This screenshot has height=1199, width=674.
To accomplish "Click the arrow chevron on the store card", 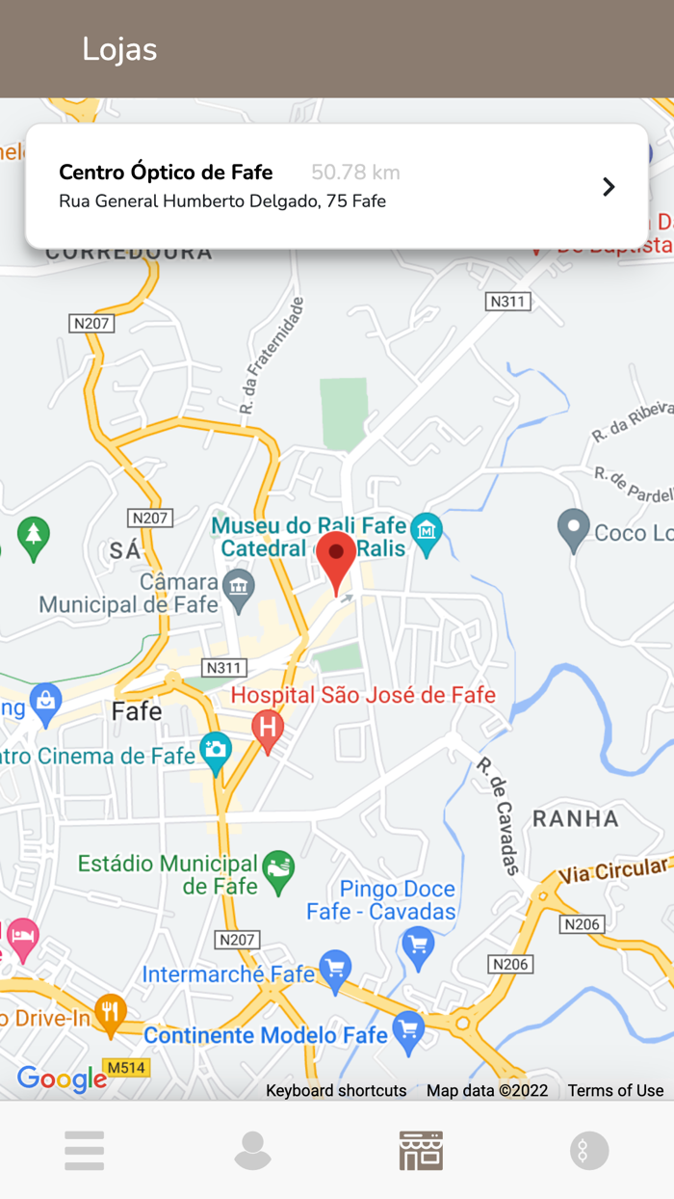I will (x=609, y=186).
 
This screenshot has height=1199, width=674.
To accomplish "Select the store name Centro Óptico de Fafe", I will (x=166, y=173).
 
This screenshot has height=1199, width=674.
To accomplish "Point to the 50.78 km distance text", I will (x=355, y=173).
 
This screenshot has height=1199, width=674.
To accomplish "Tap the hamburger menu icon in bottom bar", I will (x=85, y=1150).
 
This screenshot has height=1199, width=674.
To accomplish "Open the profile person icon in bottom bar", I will (x=252, y=1150).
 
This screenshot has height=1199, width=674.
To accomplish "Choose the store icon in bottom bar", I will (x=421, y=1150).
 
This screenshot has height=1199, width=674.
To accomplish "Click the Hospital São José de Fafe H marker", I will (x=268, y=730).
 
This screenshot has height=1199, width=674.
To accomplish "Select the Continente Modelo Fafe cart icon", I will (x=409, y=1031).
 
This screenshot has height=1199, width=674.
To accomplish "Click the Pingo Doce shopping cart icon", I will (x=418, y=947).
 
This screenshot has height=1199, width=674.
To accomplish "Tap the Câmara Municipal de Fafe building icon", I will (x=238, y=584).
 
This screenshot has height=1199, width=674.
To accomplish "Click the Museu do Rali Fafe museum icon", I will (x=426, y=530).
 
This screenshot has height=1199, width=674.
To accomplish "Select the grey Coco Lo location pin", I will (x=574, y=529).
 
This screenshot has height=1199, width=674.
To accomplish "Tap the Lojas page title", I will (x=119, y=49).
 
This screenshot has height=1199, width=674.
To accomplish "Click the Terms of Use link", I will (x=615, y=1090).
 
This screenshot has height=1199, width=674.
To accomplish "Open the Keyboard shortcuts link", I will (x=336, y=1090).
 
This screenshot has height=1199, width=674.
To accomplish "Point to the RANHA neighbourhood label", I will (x=576, y=818).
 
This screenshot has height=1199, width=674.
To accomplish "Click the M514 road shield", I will (x=125, y=1067).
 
